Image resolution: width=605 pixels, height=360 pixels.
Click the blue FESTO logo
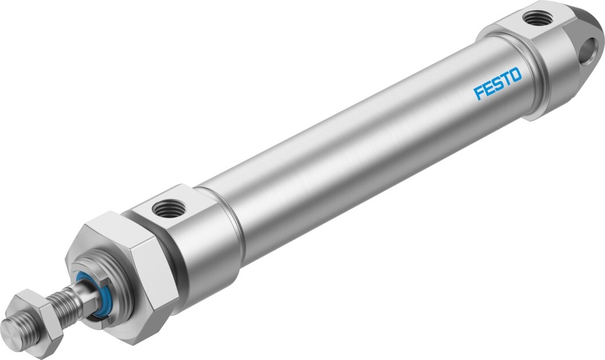click(497, 85)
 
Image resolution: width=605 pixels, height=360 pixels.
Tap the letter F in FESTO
click(478, 93)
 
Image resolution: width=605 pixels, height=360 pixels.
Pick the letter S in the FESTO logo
click(497, 85)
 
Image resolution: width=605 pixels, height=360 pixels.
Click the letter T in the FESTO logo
click(506, 79)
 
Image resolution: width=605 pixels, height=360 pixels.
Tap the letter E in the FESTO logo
click(487, 89)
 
